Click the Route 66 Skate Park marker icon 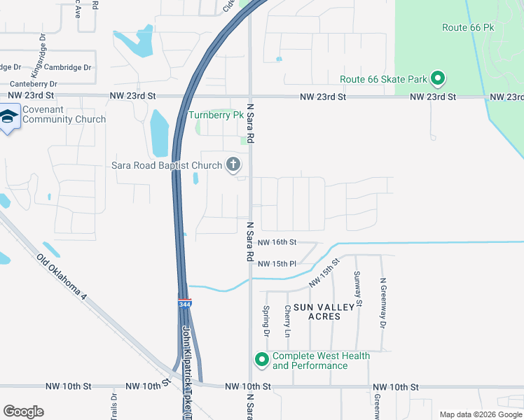pos(439,78)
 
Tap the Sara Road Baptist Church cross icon pos(233,165)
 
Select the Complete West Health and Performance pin pos(262,360)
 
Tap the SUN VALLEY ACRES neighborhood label pos(317,311)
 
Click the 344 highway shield pos(184,304)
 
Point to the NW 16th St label pos(277,242)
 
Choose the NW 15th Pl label pos(277,264)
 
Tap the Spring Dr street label pos(266,318)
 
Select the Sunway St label pos(357,288)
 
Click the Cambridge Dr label pos(67,67)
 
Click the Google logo pos(23,412)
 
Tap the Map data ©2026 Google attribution pos(481,414)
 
